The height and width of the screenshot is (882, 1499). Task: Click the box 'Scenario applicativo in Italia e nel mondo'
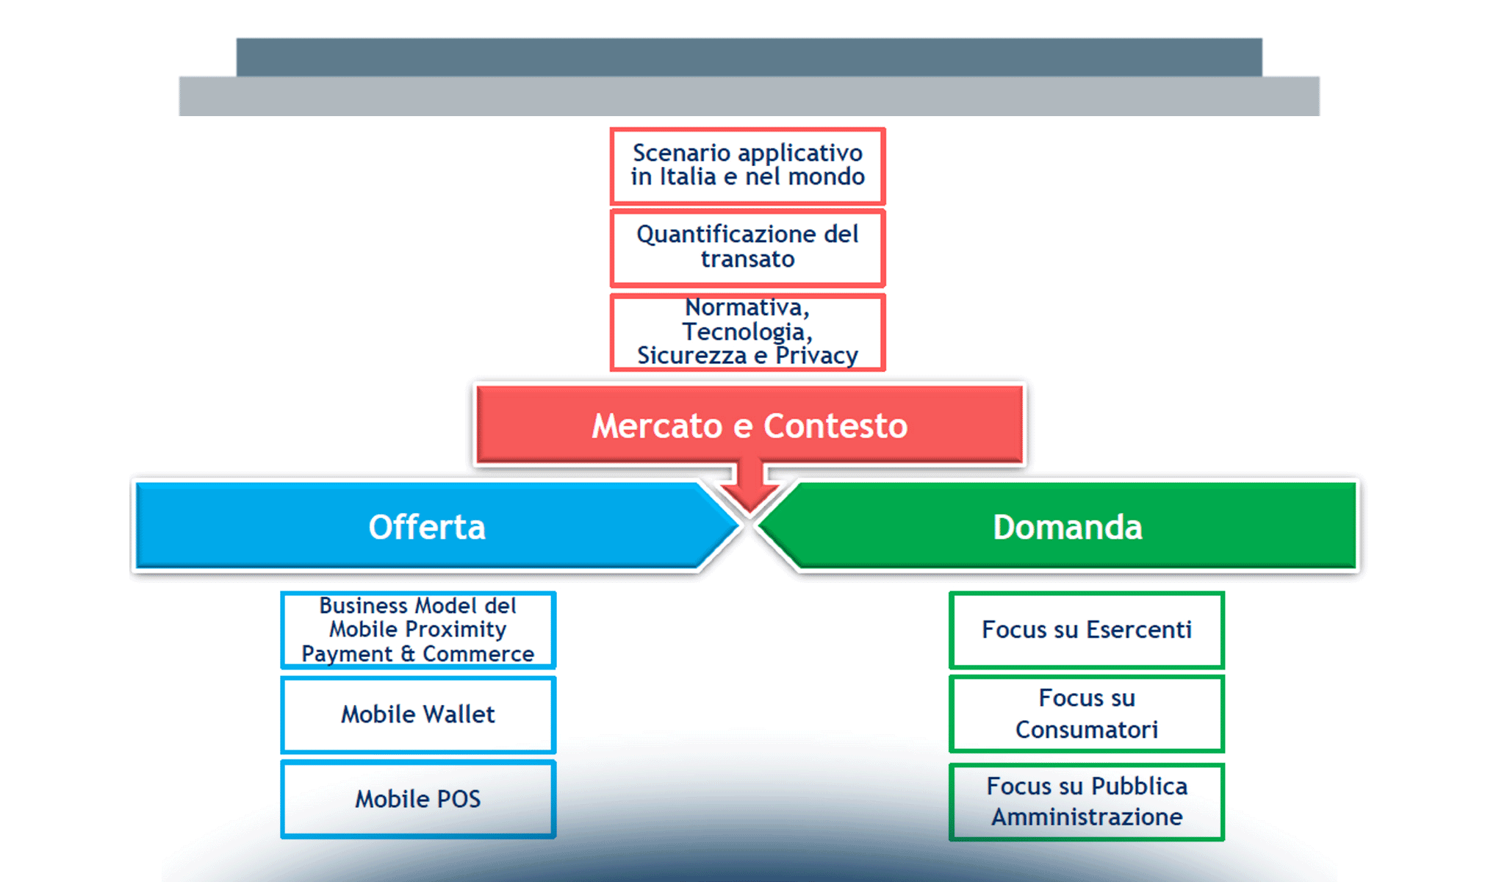click(747, 165)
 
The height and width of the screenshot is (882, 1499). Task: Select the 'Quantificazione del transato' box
click(747, 247)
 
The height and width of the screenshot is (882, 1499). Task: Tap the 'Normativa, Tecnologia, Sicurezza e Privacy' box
click(747, 331)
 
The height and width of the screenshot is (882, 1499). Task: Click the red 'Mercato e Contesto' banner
click(749, 426)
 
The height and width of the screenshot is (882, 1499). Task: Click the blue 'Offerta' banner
click(426, 526)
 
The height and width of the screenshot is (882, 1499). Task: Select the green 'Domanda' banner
click(1067, 526)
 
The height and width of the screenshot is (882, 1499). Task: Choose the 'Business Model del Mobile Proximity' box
click(417, 629)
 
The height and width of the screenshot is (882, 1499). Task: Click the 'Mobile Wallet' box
click(417, 714)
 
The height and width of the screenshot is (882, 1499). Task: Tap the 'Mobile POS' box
click(417, 798)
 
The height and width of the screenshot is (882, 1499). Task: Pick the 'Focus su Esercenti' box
click(1086, 629)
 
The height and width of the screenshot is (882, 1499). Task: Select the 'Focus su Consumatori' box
click(1086, 714)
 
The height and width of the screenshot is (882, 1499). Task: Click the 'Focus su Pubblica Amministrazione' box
click(1086, 801)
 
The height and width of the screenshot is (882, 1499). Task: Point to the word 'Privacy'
click(816, 356)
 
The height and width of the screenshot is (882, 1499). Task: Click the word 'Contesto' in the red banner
click(835, 426)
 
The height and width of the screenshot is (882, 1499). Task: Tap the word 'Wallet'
click(459, 714)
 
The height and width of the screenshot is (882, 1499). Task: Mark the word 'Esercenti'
click(1138, 629)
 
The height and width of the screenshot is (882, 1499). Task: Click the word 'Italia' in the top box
click(687, 176)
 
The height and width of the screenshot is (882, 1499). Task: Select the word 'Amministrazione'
click(1086, 817)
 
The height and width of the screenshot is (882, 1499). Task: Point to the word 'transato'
click(747, 259)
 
